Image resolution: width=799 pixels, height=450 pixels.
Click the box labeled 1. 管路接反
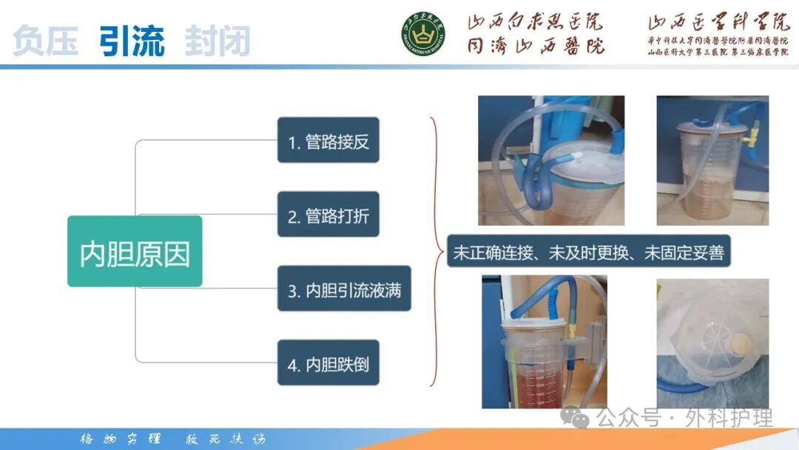click(x=328, y=140)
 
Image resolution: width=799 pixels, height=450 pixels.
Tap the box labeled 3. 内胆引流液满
click(x=344, y=289)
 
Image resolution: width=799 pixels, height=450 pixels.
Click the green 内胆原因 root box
click(x=135, y=252)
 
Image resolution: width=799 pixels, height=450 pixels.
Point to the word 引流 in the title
click(x=132, y=41)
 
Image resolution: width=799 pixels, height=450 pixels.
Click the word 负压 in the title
click(x=45, y=41)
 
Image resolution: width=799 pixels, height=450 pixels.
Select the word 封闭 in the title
click(x=218, y=41)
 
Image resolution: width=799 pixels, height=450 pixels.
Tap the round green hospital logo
click(x=423, y=33)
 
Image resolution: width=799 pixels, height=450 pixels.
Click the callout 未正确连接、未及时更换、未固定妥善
click(x=588, y=252)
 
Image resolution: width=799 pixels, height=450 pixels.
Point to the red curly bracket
click(x=436, y=252)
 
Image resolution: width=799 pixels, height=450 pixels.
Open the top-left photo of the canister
click(x=550, y=160)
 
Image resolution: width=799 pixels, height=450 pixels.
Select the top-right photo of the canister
click(x=712, y=160)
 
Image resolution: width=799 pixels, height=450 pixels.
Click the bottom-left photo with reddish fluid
click(x=544, y=341)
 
